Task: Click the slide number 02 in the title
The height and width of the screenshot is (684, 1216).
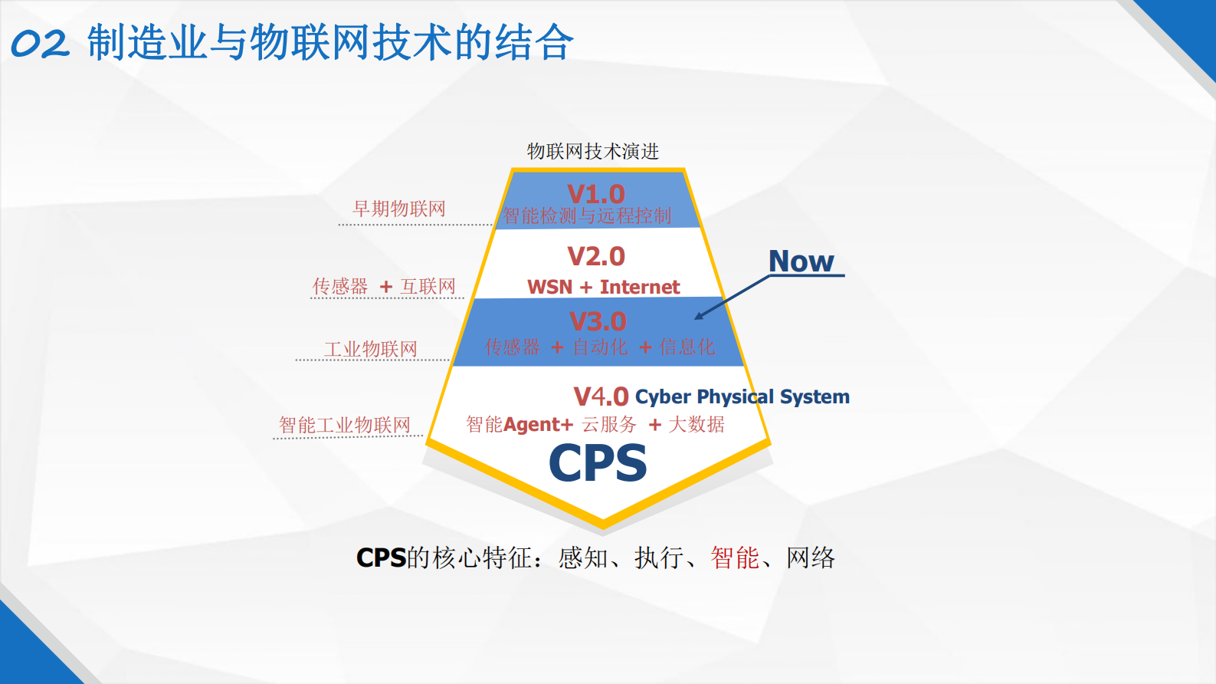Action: [x=40, y=44]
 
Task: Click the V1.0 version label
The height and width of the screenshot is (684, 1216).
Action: [x=596, y=194]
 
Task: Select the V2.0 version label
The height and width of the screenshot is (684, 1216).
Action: [x=596, y=256]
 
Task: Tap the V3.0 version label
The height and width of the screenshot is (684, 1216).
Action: [x=598, y=321]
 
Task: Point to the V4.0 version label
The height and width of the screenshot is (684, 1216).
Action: [x=601, y=396]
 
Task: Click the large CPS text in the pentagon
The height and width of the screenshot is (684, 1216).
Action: [x=598, y=464]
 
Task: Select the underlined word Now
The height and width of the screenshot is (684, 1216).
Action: [x=801, y=261]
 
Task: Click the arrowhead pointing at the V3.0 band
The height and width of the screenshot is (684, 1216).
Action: [x=699, y=316]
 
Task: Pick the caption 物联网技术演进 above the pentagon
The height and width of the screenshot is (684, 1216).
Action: [x=593, y=151]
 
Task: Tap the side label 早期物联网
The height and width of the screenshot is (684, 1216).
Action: [x=398, y=209]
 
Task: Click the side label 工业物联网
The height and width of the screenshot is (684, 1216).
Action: [x=371, y=350]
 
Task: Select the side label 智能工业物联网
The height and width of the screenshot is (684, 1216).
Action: [x=345, y=425]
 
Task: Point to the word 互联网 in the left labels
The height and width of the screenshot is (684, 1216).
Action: [x=428, y=287]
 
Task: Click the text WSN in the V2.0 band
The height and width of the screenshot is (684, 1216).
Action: [x=549, y=288]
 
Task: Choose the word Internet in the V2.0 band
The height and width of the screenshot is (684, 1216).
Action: [x=640, y=288]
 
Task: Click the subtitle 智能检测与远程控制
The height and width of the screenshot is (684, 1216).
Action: [x=587, y=216]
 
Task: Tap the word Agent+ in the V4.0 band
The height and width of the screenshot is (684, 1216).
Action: [x=538, y=425]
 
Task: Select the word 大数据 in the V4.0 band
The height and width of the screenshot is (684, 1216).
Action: [x=696, y=425]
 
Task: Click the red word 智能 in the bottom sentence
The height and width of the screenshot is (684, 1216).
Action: [x=735, y=558]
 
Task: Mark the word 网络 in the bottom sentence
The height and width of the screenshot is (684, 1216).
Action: [x=811, y=558]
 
